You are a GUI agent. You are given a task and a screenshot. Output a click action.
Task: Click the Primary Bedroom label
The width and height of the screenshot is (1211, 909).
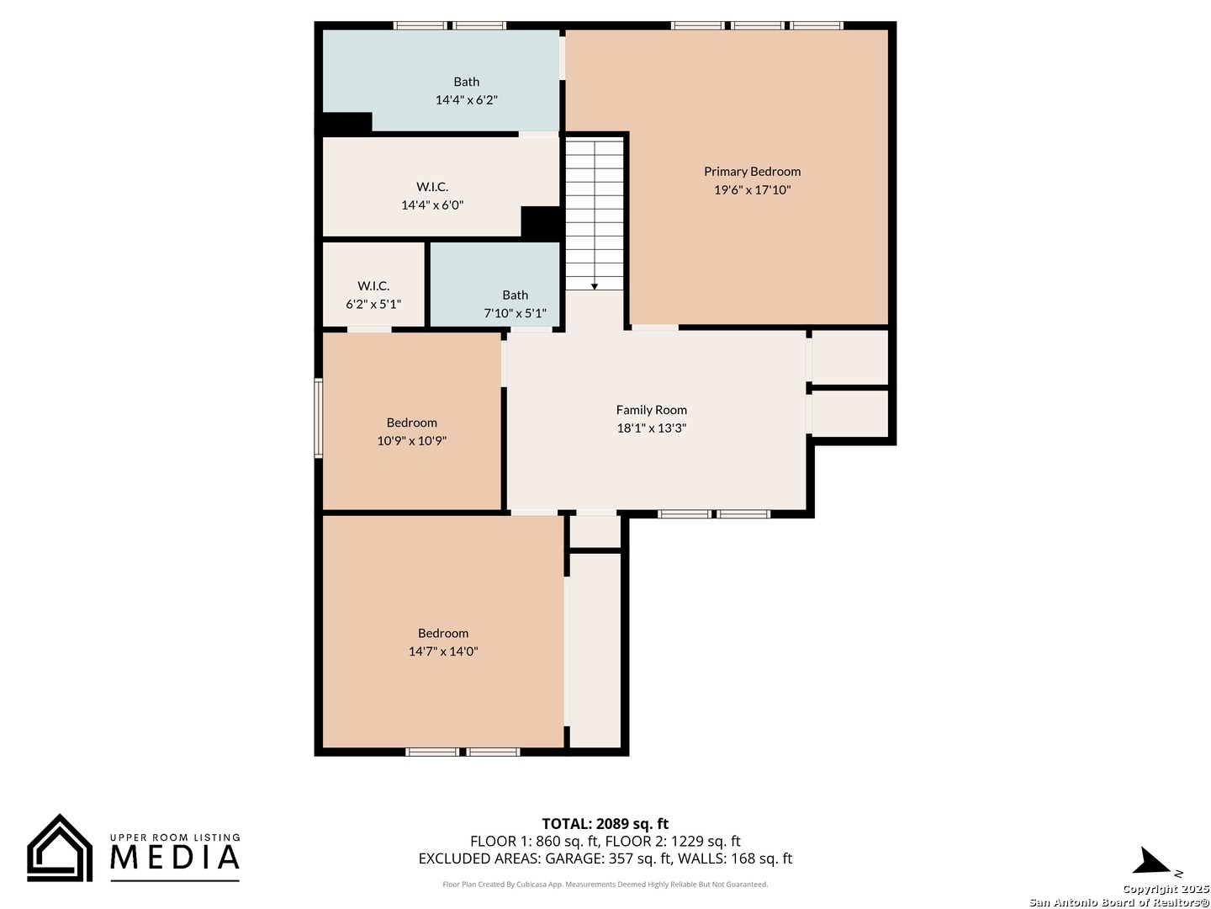coord(752,172)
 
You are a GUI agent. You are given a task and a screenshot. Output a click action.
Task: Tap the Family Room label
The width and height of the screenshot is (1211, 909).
coord(651,410)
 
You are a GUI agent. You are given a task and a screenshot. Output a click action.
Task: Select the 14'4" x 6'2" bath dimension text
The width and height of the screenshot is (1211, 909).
coord(466,100)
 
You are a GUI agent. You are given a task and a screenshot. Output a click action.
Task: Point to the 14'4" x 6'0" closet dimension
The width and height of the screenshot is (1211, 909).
coord(432,205)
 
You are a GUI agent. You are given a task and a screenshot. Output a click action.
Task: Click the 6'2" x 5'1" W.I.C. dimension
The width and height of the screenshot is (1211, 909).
coord(373,304)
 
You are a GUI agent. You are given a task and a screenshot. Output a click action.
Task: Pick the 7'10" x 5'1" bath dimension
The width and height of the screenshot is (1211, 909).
coord(515,313)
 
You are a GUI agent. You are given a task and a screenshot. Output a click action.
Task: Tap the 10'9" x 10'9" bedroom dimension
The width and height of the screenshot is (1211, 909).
coord(411,441)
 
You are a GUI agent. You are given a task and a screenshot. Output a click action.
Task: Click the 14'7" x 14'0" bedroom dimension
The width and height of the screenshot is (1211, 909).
coord(443,651)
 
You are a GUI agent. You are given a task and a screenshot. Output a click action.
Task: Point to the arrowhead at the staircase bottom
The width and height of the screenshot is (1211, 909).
coord(595,286)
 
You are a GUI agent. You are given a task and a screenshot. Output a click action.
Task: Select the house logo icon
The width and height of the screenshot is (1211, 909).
coord(60,848)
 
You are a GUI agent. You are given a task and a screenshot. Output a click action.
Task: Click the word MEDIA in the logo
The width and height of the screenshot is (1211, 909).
coord(175,857)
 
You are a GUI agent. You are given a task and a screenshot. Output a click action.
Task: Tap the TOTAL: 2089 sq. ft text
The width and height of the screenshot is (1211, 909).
coord(605,824)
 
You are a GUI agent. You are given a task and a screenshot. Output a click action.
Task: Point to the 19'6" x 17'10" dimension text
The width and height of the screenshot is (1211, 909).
coord(752,190)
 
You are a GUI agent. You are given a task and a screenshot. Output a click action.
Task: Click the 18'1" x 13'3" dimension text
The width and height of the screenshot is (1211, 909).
coord(651,428)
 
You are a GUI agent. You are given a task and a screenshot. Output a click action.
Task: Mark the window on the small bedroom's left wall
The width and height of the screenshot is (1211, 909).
coord(319,418)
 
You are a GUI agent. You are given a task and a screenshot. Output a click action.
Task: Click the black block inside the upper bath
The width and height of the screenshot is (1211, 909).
coord(346,123)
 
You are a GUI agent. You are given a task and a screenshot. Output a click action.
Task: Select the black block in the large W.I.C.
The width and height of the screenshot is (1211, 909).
coord(542,223)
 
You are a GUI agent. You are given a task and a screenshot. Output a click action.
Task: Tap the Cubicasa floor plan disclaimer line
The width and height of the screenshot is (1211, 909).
coord(605,884)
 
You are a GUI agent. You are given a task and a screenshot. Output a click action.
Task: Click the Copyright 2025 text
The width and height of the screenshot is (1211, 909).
coord(1166,889)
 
